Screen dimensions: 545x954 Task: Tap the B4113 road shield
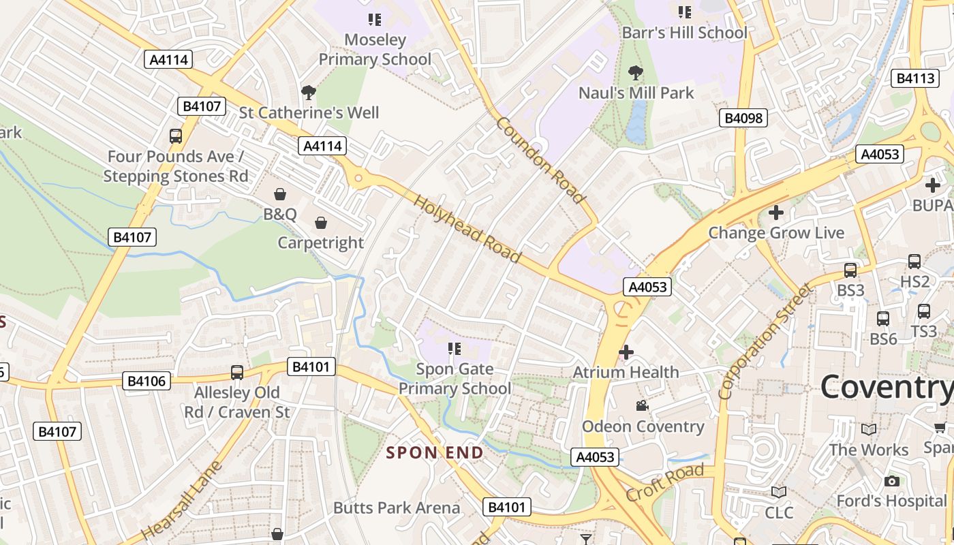(x=914, y=78)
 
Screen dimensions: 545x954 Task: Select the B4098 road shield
(x=743, y=118)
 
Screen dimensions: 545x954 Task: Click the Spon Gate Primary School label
(x=455, y=379)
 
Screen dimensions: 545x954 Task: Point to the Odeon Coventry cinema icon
(x=641, y=406)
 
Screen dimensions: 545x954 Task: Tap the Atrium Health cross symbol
(x=626, y=352)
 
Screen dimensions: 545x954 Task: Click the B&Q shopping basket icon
(x=279, y=195)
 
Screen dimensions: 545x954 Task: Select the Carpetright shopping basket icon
(x=320, y=223)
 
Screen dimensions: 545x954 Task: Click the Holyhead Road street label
(x=467, y=230)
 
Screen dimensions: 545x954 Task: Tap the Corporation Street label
(x=765, y=343)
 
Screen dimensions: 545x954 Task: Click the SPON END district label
(x=435, y=453)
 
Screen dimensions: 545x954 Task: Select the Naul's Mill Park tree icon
(x=635, y=72)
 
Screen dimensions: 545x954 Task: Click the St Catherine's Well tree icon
(x=308, y=92)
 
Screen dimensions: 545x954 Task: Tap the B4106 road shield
(x=147, y=381)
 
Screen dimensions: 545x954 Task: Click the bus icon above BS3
(x=850, y=270)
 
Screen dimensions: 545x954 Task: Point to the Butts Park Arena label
(x=397, y=508)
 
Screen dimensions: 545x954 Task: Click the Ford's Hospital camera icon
(x=891, y=481)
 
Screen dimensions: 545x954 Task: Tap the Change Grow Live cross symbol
(x=775, y=213)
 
